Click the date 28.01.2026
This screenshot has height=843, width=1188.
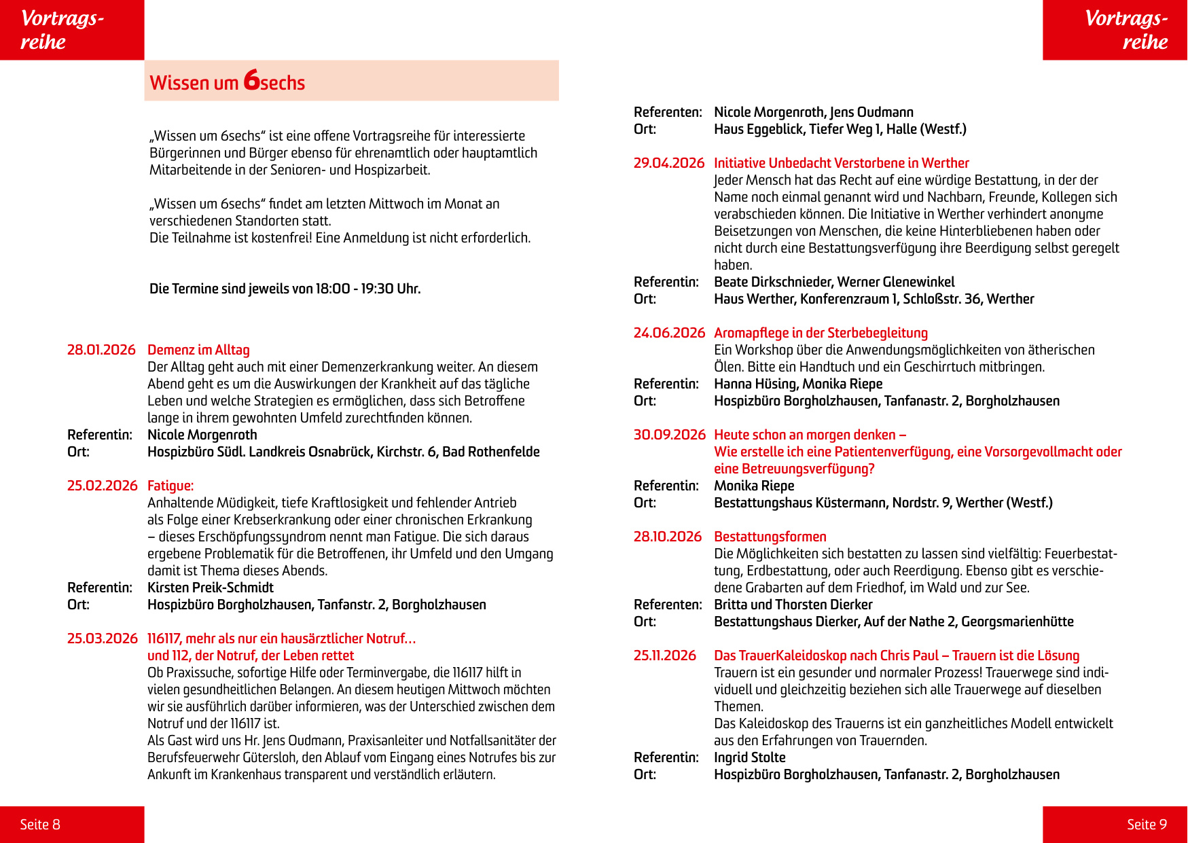click(101, 350)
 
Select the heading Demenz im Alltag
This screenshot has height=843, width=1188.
click(198, 350)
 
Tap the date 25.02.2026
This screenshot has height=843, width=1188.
click(102, 486)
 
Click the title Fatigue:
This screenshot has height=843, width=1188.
click(170, 486)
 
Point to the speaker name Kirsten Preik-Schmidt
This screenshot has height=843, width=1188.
click(211, 588)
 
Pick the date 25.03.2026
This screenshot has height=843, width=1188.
click(102, 639)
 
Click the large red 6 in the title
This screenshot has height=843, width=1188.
click(251, 80)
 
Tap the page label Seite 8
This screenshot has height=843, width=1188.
click(40, 824)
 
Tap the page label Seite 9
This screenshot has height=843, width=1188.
click(1147, 824)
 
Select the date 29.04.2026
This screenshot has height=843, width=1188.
click(669, 163)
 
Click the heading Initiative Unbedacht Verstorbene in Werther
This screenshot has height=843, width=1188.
click(841, 163)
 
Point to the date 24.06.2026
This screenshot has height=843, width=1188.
click(669, 333)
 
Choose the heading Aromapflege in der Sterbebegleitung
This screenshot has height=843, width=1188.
click(821, 333)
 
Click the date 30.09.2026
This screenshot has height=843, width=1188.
click(669, 435)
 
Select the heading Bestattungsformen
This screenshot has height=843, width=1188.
click(770, 537)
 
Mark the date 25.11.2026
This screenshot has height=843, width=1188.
click(664, 656)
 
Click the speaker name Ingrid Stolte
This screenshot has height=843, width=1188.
click(749, 757)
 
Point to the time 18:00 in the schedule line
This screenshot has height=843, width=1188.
click(333, 289)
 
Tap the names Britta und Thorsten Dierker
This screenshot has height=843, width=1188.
click(793, 605)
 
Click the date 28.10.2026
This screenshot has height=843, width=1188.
click(667, 537)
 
